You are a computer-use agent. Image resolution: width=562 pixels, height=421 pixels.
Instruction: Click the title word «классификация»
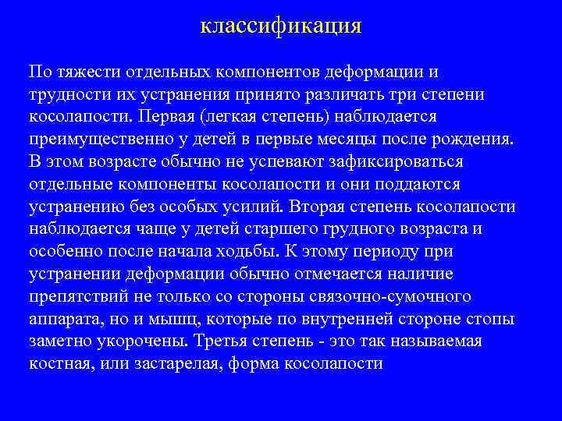coord(281,27)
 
